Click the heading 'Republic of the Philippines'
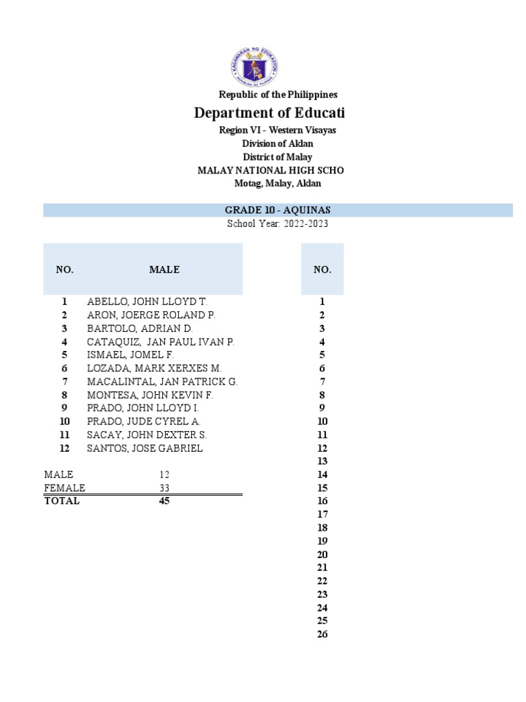(x=277, y=95)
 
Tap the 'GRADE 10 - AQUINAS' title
(x=278, y=210)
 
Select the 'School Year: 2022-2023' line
(x=277, y=224)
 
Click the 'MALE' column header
(x=164, y=269)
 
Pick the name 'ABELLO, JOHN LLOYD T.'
(x=147, y=302)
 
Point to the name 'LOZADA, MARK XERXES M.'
(x=154, y=368)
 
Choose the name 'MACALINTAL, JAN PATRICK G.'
(x=162, y=382)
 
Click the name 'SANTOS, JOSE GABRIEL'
(x=145, y=448)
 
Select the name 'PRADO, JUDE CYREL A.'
(x=143, y=422)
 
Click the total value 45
(x=164, y=501)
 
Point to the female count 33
(x=164, y=488)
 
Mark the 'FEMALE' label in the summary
(x=64, y=488)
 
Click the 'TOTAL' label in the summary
(x=62, y=501)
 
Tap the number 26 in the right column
(x=323, y=634)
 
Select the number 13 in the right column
(x=323, y=461)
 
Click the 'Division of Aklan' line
(x=277, y=143)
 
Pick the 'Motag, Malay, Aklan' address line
(x=277, y=183)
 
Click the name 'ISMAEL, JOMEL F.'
(x=130, y=355)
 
